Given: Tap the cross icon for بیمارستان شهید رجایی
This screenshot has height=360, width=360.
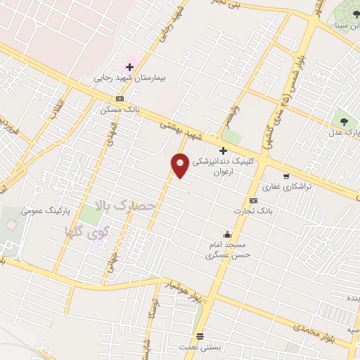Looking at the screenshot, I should (130, 67).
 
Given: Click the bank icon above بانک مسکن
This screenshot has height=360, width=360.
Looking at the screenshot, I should (120, 99).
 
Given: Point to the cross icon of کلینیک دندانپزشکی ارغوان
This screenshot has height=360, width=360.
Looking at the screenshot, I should (224, 150).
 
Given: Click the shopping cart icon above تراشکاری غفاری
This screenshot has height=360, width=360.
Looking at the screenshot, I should (285, 176).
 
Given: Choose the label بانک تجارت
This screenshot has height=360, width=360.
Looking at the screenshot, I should (255, 210).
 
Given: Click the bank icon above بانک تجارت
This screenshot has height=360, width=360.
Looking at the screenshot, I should (252, 200).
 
